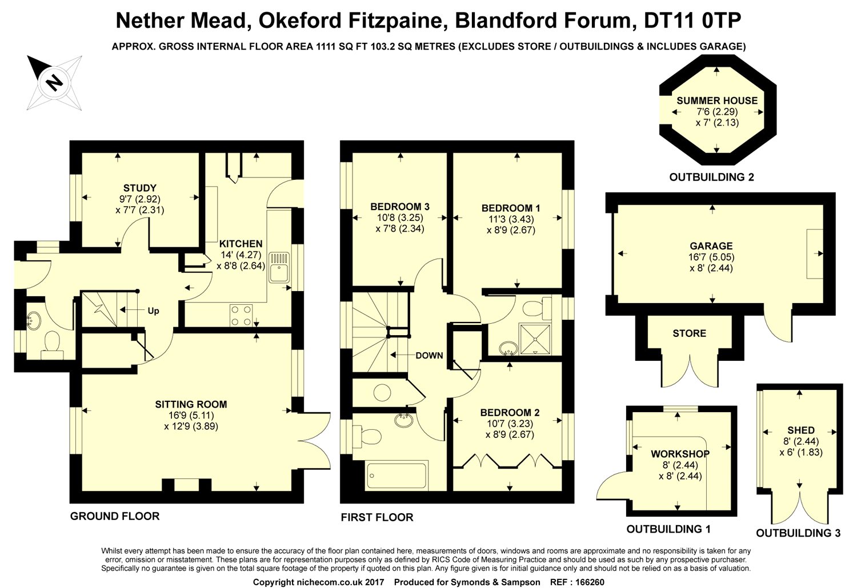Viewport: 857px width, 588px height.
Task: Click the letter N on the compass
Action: pos(54,83)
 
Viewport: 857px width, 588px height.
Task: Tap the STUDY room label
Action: pos(139,188)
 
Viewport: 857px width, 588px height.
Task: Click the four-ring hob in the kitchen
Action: pos(242,316)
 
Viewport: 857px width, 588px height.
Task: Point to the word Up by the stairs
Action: pos(154,311)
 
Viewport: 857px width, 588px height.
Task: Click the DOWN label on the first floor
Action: pos(429,356)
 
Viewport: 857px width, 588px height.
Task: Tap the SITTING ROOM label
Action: pos(191,405)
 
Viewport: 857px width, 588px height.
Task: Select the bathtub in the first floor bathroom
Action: pos(397,476)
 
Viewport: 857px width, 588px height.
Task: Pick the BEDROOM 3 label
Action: pos(400,207)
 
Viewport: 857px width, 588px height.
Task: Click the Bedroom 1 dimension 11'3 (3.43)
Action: pos(511,219)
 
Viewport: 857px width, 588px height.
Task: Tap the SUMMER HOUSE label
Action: pos(717,101)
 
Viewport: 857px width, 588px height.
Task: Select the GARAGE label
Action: pos(711,246)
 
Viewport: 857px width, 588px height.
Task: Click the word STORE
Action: pos(690,333)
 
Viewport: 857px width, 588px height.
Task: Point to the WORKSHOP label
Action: pos(680,454)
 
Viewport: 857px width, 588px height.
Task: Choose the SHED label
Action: pos(801,430)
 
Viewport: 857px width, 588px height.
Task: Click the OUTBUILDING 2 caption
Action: pos(712,178)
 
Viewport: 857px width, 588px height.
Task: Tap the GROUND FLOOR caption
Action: pos(115,517)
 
